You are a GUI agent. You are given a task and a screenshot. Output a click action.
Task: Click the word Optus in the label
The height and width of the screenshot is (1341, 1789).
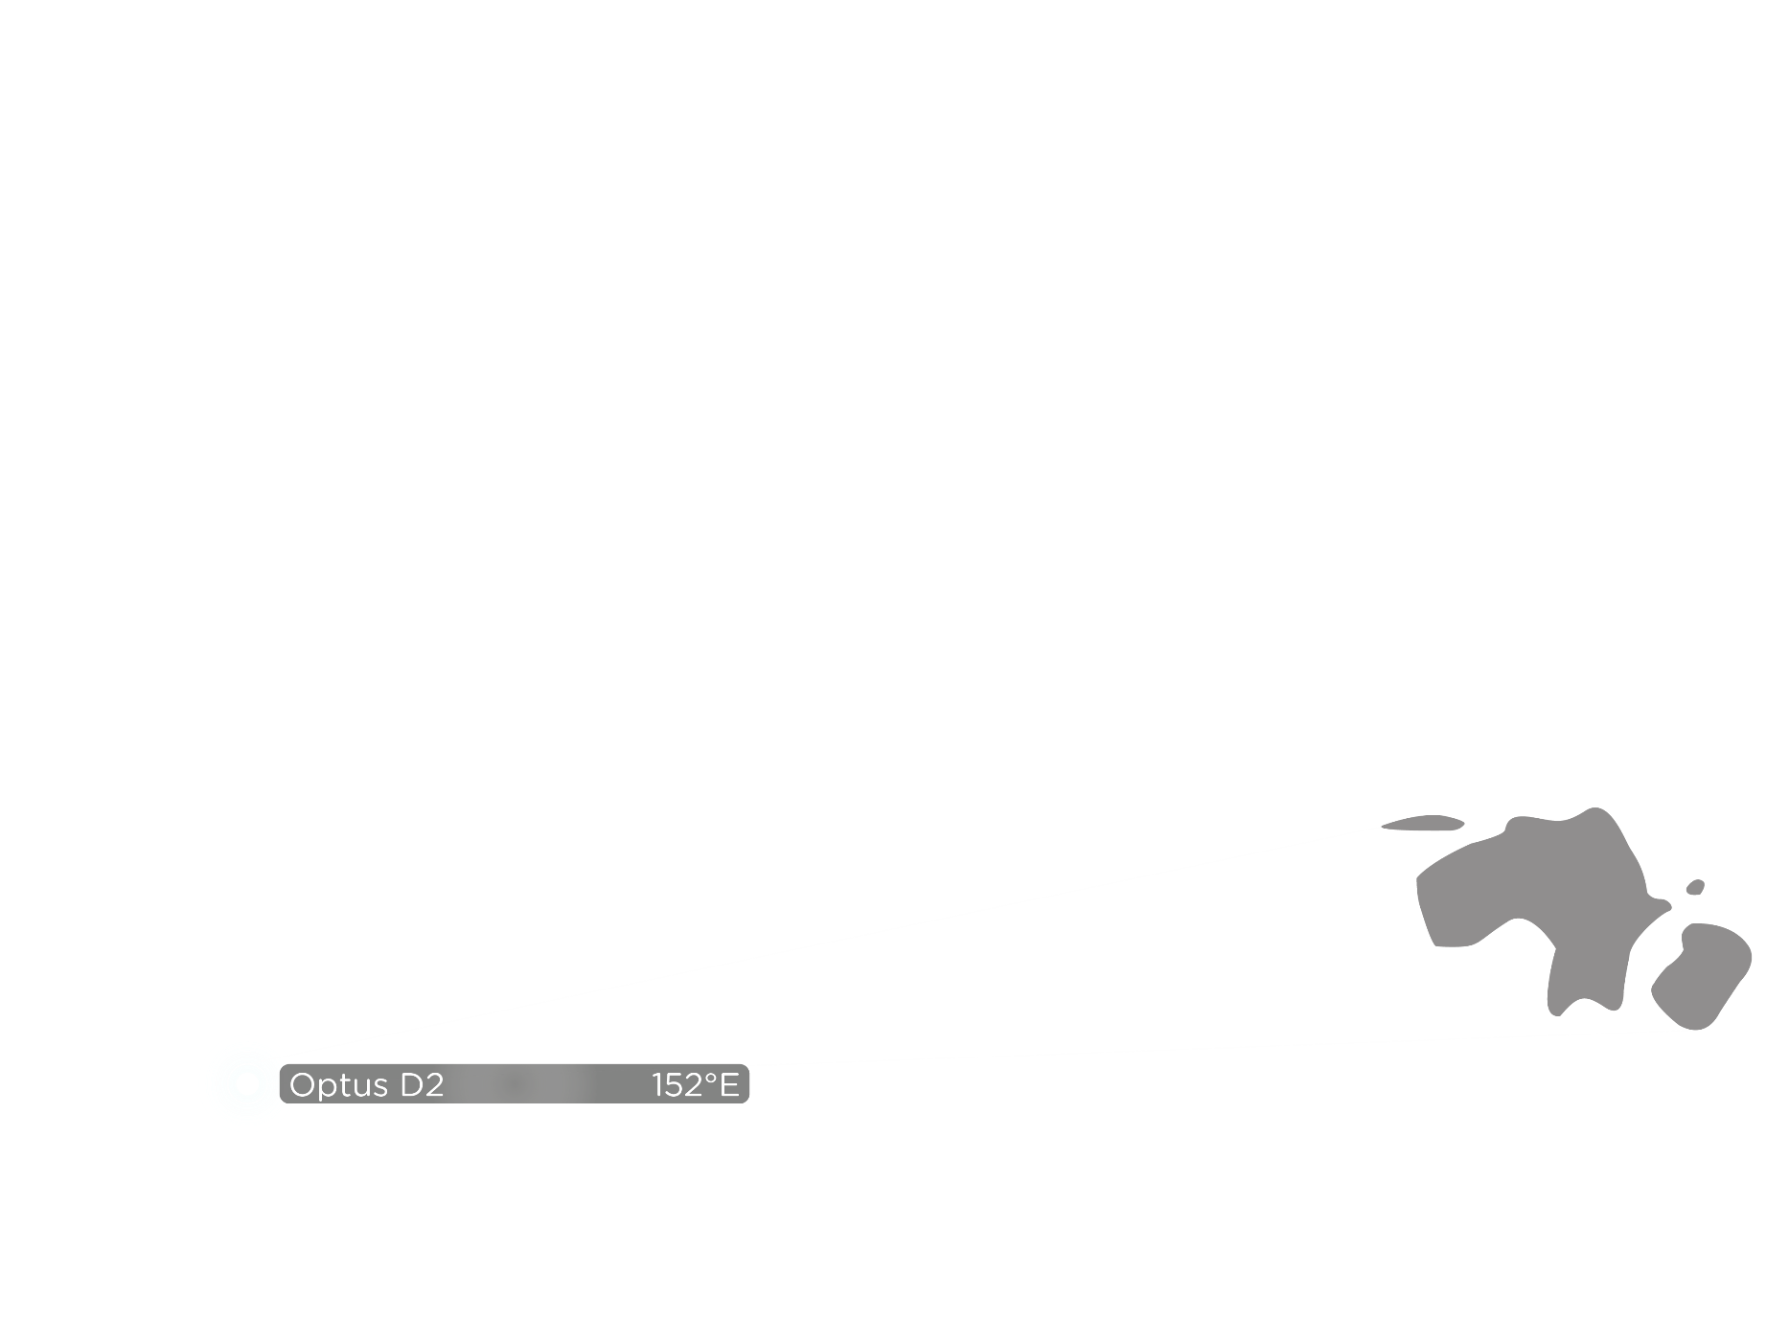pyautogui.click(x=339, y=1085)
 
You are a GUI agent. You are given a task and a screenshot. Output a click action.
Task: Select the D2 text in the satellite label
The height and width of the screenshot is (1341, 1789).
pyautogui.click(x=422, y=1085)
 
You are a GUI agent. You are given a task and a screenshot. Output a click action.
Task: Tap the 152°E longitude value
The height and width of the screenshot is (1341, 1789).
pyautogui.click(x=695, y=1085)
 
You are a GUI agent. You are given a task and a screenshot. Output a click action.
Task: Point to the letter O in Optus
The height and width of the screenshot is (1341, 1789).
pyautogui.click(x=303, y=1085)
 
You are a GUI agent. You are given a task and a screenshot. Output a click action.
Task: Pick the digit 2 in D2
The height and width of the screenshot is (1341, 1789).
pyautogui.click(x=434, y=1085)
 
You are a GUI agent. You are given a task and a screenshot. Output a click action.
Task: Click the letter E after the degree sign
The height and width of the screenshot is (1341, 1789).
pyautogui.click(x=729, y=1085)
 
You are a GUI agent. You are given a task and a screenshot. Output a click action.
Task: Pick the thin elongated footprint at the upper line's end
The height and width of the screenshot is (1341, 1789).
pyautogui.click(x=1425, y=823)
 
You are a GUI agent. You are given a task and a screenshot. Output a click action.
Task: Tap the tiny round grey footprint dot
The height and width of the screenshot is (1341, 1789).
pyautogui.click(x=1695, y=887)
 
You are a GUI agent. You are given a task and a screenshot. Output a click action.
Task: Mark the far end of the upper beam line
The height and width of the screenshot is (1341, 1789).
pyautogui.click(x=1386, y=826)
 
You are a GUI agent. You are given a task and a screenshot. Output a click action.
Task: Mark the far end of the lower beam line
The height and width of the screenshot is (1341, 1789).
pyautogui.click(x=1699, y=1030)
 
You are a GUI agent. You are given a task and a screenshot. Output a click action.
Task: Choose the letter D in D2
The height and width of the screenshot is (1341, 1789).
pyautogui.click(x=411, y=1085)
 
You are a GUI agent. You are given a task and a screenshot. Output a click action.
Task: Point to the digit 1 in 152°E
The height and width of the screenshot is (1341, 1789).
pyautogui.click(x=657, y=1085)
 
